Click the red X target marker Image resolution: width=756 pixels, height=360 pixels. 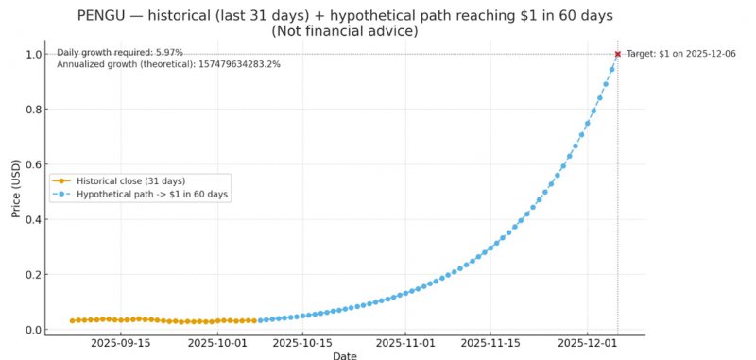pyautogui.click(x=618, y=54)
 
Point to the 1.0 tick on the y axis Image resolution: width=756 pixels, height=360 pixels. pyautogui.click(x=34, y=55)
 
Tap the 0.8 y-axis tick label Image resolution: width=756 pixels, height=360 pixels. pyautogui.click(x=34, y=110)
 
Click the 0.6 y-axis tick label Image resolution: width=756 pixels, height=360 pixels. pyautogui.click(x=34, y=164)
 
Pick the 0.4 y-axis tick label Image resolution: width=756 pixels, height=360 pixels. pyautogui.click(x=34, y=219)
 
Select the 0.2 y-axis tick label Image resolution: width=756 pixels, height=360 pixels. pyautogui.click(x=34, y=275)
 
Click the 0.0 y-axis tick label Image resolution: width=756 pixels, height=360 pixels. pyautogui.click(x=34, y=330)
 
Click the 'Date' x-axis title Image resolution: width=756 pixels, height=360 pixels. pyautogui.click(x=345, y=355)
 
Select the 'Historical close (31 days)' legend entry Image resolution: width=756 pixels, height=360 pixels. pyautogui.click(x=131, y=180)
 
